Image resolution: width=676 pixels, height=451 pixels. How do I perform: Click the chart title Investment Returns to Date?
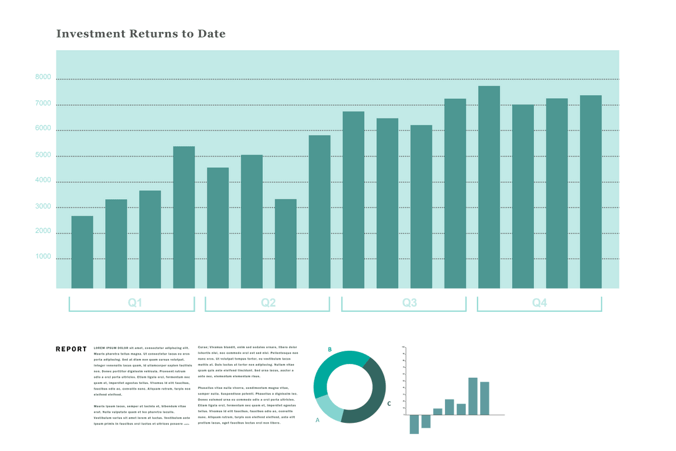coord(141,34)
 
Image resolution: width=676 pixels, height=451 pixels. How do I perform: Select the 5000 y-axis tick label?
coord(43,155)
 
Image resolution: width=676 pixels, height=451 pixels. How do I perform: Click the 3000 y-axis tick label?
coord(43,207)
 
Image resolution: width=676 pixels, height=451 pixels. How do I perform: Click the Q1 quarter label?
coord(135,303)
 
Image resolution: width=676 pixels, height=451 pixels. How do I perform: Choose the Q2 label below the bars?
coord(268,303)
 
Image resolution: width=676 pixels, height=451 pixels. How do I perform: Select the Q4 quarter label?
coord(540,303)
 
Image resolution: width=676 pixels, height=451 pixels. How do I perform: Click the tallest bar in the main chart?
coord(489,188)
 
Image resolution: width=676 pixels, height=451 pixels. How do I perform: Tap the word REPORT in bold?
coord(71,349)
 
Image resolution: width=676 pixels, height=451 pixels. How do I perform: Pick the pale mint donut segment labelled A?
coord(328,408)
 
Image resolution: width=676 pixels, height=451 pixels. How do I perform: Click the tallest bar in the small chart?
coord(473,396)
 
